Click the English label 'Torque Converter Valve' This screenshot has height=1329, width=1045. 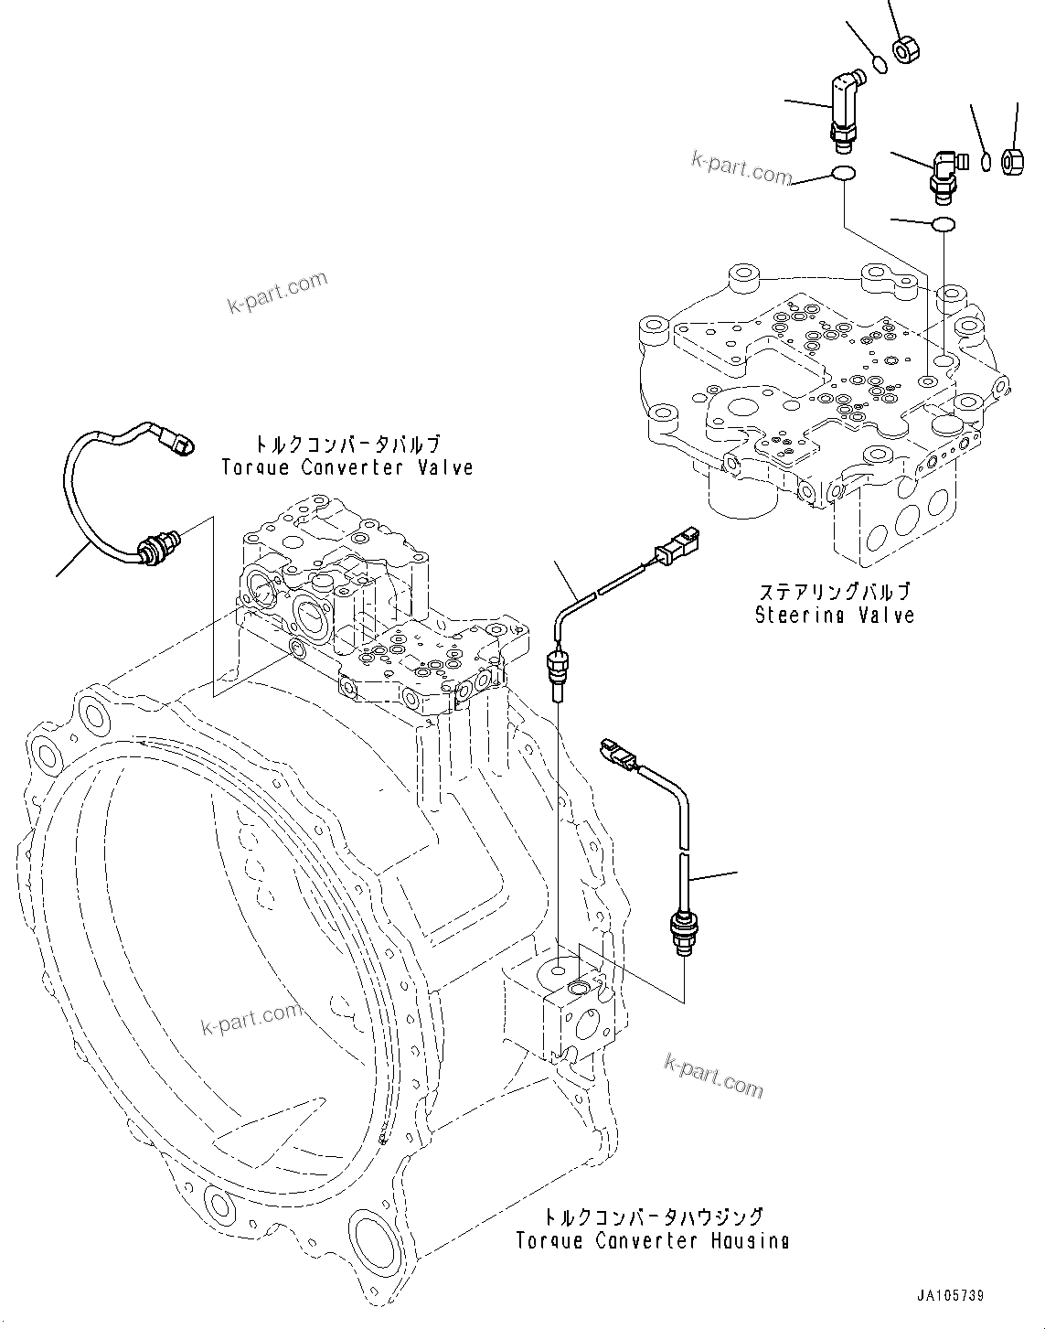point(347,467)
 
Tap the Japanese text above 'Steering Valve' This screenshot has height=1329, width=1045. point(834,592)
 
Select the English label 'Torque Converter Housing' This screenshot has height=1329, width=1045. point(652,1241)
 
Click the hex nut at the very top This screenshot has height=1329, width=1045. point(906,48)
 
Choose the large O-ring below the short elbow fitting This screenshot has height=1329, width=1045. point(942,224)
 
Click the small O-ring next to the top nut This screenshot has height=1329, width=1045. point(880,64)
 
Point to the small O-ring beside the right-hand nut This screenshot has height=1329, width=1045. point(986,162)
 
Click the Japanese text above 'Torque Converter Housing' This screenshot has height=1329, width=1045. point(652,1216)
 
